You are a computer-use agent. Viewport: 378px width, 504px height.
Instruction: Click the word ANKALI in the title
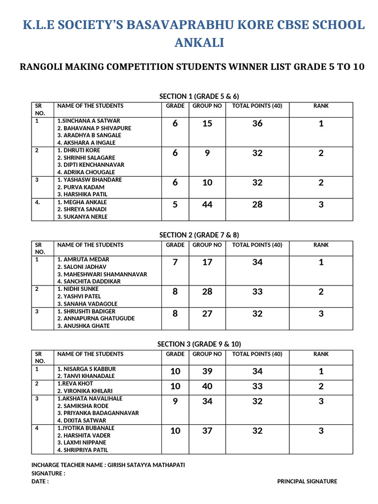[x=199, y=43]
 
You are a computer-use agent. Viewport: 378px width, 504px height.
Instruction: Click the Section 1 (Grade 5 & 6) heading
[x=199, y=96]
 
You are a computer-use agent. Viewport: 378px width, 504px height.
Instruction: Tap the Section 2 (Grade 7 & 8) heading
[x=199, y=235]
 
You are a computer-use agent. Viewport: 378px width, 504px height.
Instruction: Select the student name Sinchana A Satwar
[x=89, y=121]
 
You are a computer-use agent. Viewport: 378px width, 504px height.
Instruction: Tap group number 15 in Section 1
[x=207, y=124]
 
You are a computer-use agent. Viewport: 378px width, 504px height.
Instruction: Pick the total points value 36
[x=257, y=124]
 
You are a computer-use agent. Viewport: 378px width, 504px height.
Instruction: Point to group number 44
[x=207, y=204]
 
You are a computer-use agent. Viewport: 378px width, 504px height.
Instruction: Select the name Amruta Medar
[x=83, y=259]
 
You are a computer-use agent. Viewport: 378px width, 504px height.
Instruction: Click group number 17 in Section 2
[x=207, y=262]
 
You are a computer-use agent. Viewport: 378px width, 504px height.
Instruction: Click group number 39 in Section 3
[x=207, y=371]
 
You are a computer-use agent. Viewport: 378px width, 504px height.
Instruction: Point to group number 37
[x=207, y=431]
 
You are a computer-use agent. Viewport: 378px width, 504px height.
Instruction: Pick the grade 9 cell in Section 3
[x=175, y=401]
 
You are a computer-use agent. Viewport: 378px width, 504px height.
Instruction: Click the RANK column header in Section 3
[x=321, y=354]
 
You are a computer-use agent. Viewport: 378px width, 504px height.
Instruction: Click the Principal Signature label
[x=307, y=481]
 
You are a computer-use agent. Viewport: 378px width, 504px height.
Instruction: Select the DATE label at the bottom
[x=40, y=481]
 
